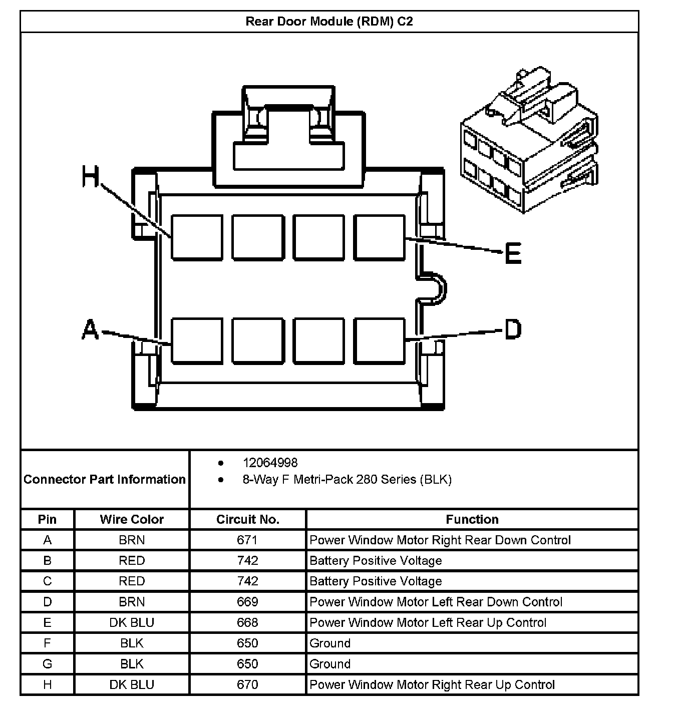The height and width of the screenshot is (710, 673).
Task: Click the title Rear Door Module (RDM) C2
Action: click(x=329, y=22)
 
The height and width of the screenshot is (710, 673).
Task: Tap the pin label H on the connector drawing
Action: click(x=91, y=177)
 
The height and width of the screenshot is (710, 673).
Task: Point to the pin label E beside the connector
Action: click(x=513, y=253)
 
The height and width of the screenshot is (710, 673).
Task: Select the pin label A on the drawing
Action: click(x=90, y=330)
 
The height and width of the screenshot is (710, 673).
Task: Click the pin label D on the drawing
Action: click(x=512, y=329)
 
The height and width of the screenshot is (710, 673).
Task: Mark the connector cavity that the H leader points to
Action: click(x=197, y=238)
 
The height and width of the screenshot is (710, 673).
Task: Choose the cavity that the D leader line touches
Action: click(x=380, y=340)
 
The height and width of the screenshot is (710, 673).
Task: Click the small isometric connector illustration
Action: click(x=529, y=140)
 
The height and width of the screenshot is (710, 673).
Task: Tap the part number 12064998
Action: click(x=270, y=463)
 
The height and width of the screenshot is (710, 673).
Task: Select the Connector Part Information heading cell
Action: click(x=105, y=479)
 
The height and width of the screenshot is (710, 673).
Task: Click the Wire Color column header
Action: click(x=132, y=519)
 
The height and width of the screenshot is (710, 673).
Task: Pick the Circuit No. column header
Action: click(x=247, y=519)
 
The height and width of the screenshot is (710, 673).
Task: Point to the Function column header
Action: click(x=472, y=519)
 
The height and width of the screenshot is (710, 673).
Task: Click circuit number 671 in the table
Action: click(x=247, y=540)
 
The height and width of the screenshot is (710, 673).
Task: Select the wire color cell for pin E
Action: click(x=132, y=622)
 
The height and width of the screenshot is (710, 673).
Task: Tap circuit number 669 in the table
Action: click(x=247, y=602)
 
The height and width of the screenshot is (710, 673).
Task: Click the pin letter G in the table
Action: click(x=48, y=664)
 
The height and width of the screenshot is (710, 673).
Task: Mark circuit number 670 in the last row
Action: click(x=247, y=684)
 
